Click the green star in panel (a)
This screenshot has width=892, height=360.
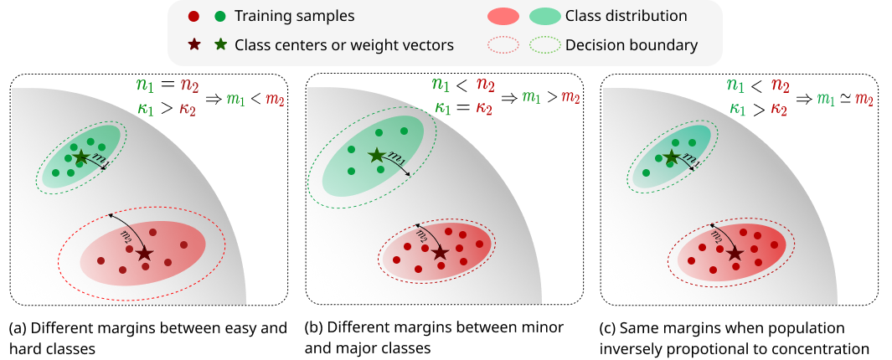click(80, 157)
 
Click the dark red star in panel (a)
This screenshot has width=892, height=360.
click(144, 252)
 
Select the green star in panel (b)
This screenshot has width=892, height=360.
click(376, 155)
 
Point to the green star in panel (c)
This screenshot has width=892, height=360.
click(671, 157)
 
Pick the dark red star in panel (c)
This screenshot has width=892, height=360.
click(735, 252)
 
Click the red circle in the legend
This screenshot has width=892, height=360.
click(194, 16)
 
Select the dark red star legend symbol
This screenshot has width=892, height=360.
click(194, 45)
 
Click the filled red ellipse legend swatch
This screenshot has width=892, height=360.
click(503, 16)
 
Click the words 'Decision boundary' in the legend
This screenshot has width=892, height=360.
click(632, 45)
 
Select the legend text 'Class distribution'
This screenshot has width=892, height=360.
click(626, 16)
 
